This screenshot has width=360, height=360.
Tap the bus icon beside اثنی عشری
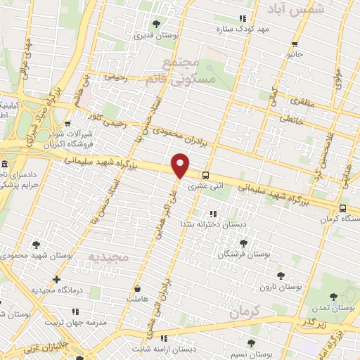[205, 175]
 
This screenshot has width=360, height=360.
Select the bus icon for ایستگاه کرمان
[342, 208]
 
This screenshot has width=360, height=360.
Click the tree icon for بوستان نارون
[281, 276]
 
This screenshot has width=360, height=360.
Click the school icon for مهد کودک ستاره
[243, 18]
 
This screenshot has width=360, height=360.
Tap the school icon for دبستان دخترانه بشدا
[212, 214]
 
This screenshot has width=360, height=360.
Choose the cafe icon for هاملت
[139, 288]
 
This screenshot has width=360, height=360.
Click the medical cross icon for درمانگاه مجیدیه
[58, 279]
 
